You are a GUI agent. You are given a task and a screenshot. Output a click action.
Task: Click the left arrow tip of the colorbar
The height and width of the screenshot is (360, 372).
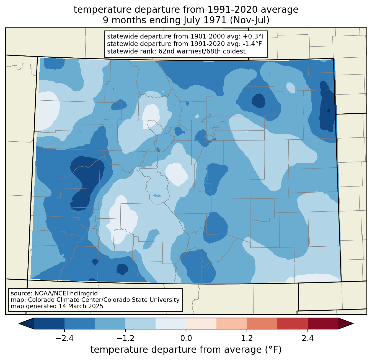click(x=19, y=324)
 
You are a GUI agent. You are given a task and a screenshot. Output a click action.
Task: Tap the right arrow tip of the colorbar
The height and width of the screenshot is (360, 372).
click(x=353, y=324)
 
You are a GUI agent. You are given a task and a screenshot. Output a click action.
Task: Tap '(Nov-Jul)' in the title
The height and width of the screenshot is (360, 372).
click(x=249, y=20)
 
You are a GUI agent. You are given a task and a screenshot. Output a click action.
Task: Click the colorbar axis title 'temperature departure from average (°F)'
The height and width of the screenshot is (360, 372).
click(x=186, y=349)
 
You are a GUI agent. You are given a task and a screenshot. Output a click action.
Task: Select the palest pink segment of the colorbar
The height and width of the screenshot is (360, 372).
click(x=201, y=324)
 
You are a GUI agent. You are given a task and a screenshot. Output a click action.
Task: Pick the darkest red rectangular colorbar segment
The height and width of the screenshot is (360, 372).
click(x=323, y=324)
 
